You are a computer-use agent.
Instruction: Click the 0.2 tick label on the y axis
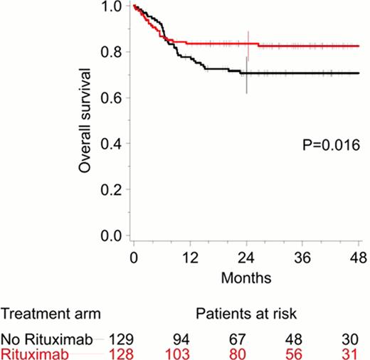pos(115,190)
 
